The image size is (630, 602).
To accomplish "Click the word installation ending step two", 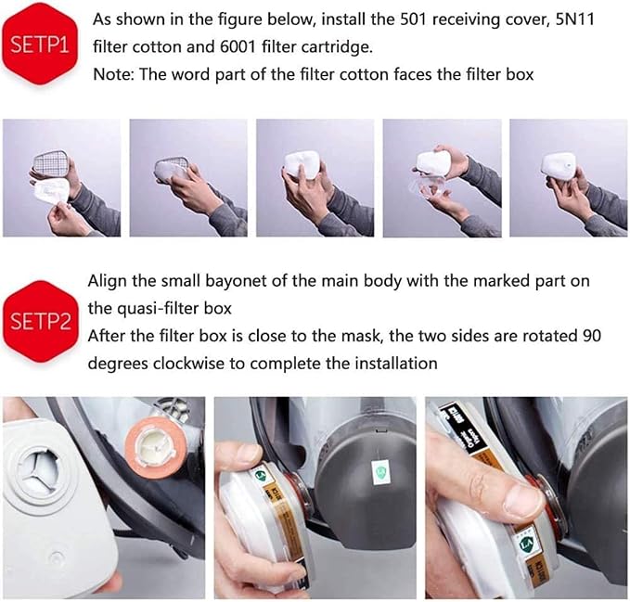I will pos(391,362).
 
